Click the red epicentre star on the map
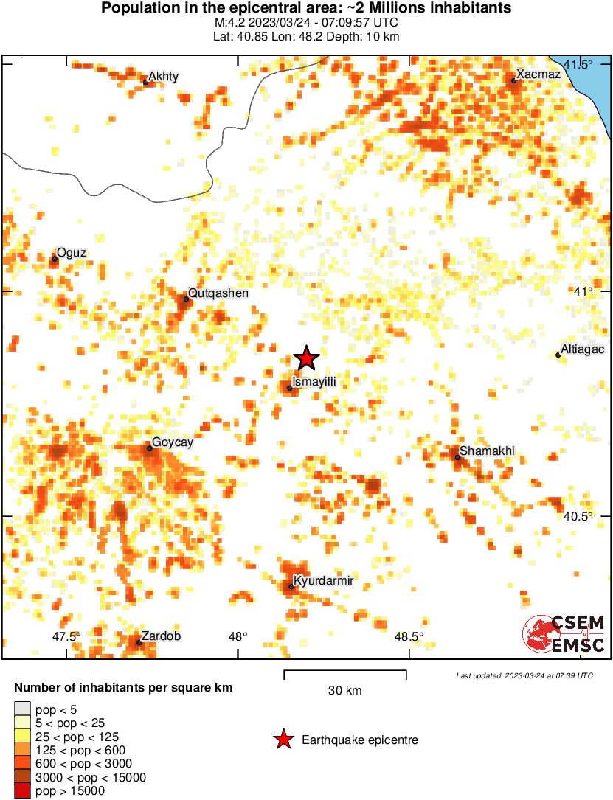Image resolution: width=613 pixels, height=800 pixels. point(306,358)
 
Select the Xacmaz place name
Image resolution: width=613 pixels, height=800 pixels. point(538,74)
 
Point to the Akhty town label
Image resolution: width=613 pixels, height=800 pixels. point(163,76)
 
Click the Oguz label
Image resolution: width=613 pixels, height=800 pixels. point(72,253)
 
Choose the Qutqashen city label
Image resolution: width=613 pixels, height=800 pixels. point(218,293)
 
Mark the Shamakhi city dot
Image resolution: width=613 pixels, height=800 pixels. point(457,458)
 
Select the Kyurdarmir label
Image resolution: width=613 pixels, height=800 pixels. point(323,581)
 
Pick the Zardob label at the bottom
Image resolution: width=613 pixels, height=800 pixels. point(160,636)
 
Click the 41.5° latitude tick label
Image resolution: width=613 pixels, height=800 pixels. point(579,65)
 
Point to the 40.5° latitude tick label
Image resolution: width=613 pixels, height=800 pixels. point(578,516)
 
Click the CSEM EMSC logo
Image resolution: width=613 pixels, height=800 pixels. point(564,634)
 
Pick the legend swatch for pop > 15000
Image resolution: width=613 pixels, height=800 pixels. point(22,790)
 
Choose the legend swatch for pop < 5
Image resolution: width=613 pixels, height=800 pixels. point(22,709)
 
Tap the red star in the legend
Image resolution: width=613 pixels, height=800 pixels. point(283,740)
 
